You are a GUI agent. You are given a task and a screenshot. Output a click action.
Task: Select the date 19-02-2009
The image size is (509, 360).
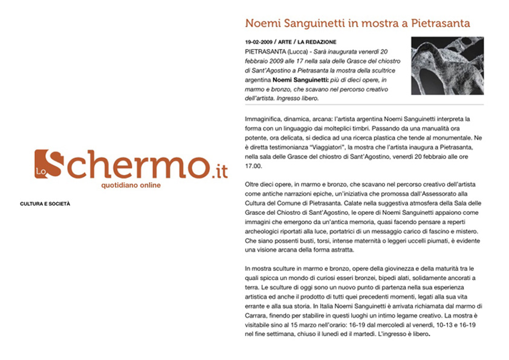(258, 42)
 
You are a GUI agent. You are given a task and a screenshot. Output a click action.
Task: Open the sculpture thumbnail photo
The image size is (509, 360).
(447, 65)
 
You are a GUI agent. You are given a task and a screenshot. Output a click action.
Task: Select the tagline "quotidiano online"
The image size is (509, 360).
(131, 185)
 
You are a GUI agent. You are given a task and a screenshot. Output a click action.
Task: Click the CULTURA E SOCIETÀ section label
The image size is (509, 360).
(45, 204)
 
